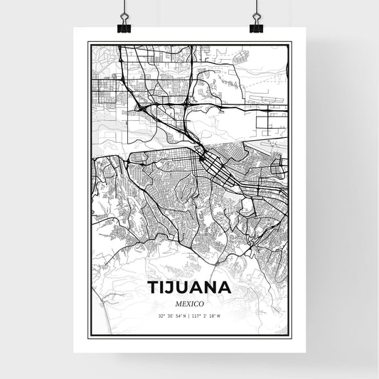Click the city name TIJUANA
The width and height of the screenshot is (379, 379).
(x=189, y=288)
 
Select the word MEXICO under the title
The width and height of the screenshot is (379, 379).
(x=189, y=304)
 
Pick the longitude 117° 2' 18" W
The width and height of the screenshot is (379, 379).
(x=208, y=316)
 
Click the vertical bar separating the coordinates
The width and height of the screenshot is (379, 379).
(x=190, y=316)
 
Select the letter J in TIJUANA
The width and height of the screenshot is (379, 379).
(x=171, y=288)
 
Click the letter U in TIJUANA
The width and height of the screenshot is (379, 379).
(x=183, y=288)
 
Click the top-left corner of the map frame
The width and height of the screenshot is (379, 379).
(x=88, y=43)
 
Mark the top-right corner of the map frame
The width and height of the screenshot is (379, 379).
(x=291, y=43)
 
